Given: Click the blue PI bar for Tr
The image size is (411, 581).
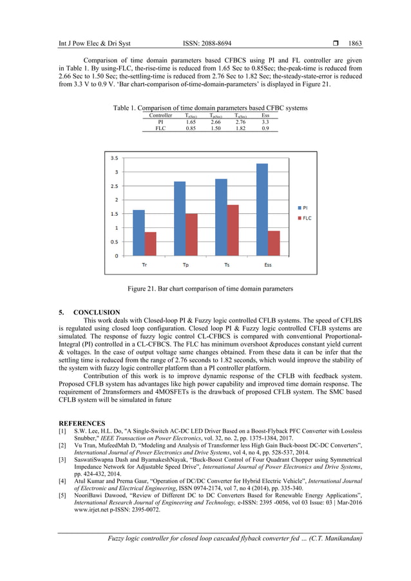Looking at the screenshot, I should click(x=139, y=233).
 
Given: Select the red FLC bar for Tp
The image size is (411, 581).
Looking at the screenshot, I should click(x=192, y=234).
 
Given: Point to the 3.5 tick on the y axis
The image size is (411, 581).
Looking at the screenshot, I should click(x=114, y=158).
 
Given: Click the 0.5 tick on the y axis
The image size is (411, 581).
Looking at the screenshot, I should click(x=114, y=242).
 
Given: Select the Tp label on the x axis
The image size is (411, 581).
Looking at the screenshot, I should click(x=186, y=265).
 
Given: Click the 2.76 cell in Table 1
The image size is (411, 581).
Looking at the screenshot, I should click(x=241, y=121).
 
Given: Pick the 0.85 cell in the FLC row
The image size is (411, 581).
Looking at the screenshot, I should click(x=191, y=128).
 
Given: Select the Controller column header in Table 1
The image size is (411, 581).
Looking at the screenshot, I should click(x=160, y=115).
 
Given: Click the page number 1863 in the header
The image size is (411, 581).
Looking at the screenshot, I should click(x=355, y=43).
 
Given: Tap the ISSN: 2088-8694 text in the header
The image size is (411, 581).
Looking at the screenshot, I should click(x=206, y=43).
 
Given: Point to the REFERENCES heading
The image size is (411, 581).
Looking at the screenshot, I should click(x=81, y=423).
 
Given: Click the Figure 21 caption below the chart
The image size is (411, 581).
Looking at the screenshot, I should click(x=205, y=289).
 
